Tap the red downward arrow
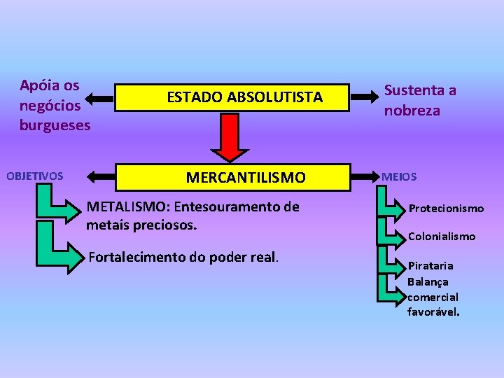[230, 137]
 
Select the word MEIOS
[399, 177]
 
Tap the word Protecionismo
[446, 209]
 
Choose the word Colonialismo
[442, 237]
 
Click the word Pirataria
[431, 266]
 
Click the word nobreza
[412, 111]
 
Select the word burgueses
[55, 125]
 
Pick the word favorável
[433, 311]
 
